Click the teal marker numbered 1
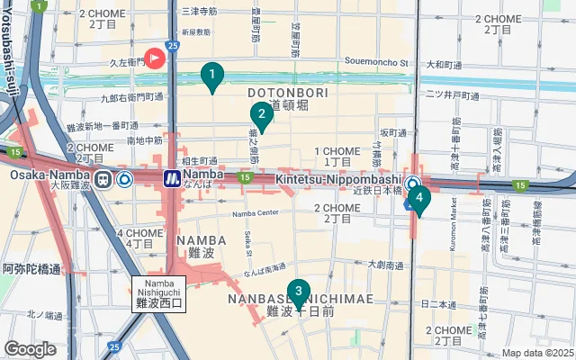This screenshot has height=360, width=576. coord(211,76)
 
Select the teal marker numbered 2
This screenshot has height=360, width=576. coord(260,114)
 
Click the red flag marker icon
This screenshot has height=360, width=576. coord(155,58)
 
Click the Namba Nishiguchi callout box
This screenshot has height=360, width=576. coord(158,294)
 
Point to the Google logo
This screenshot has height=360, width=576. coord(31,349)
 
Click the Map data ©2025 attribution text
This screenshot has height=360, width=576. coord(537,354)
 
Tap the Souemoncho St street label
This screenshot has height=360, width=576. coord(378,64)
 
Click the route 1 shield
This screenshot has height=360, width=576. coord(39,5)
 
